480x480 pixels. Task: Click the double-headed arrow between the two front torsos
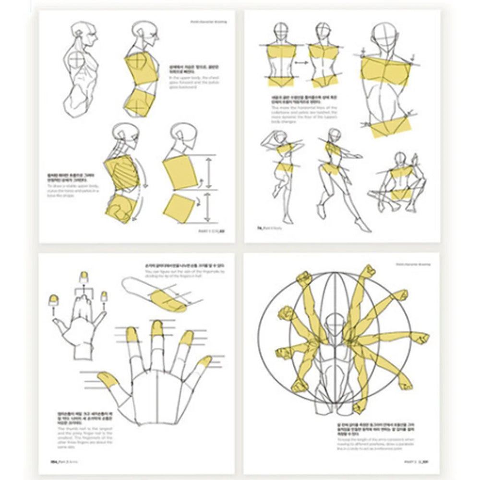[301, 62]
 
